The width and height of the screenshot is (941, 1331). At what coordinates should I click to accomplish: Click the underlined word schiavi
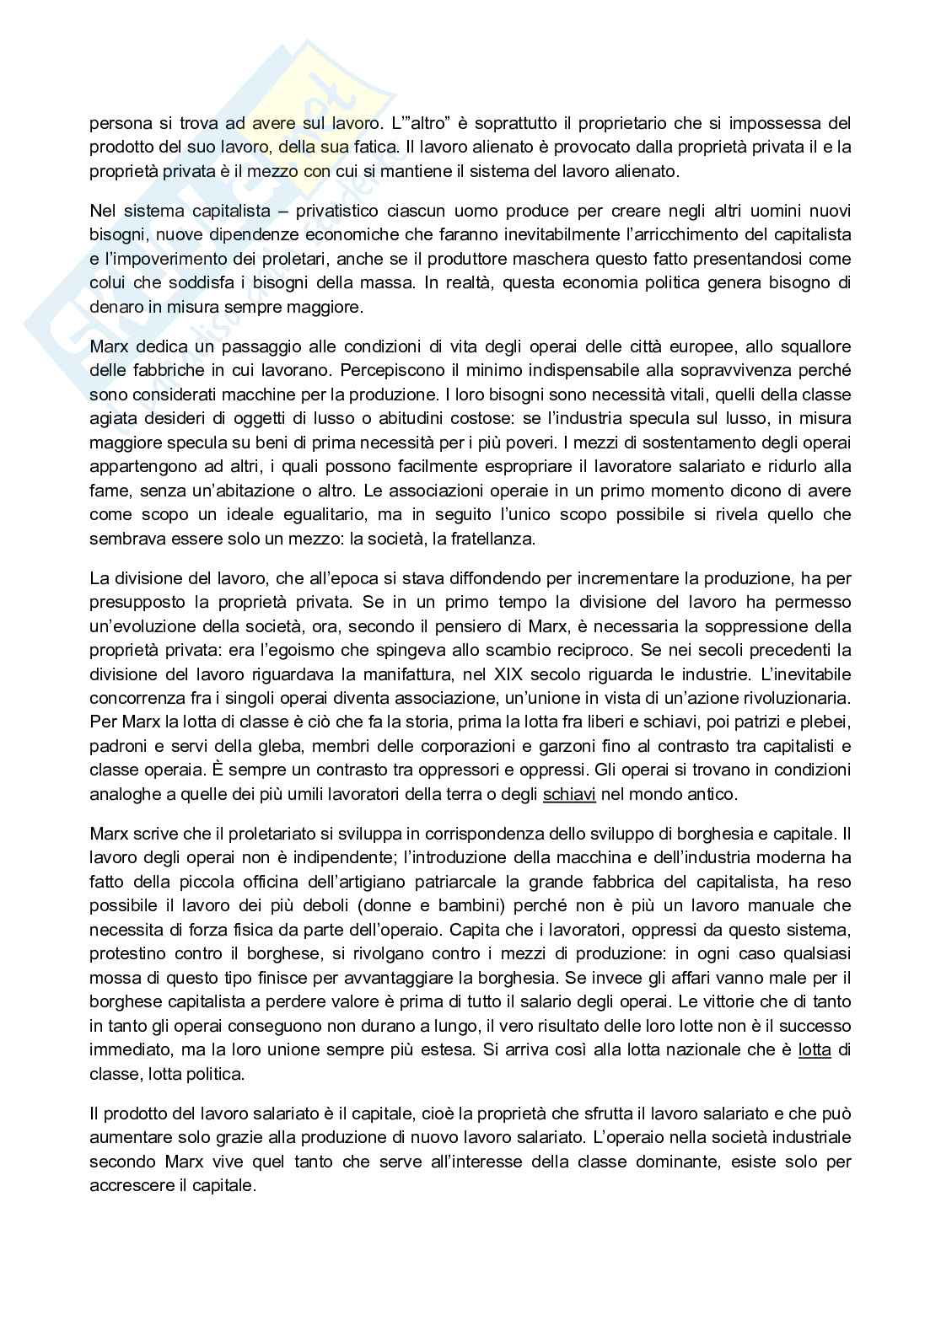[x=569, y=794]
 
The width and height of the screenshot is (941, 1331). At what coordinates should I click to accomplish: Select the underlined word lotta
[x=815, y=1050]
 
